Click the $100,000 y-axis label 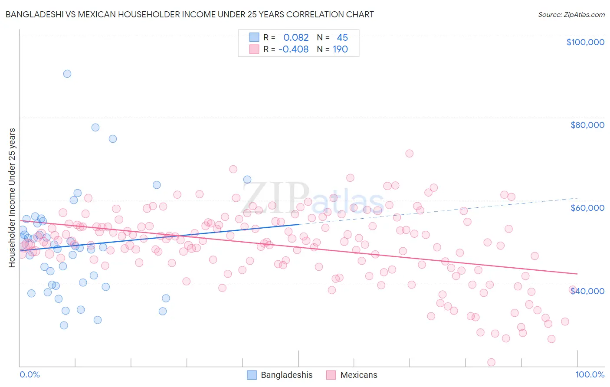pyautogui.click(x=585, y=42)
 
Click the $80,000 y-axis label pyautogui.click(x=587, y=125)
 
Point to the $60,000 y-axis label pyautogui.click(x=587, y=208)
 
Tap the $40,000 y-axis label pyautogui.click(x=587, y=291)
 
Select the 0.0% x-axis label pyautogui.click(x=30, y=375)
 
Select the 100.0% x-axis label pyautogui.click(x=590, y=375)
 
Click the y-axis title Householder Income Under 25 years pyautogui.click(x=12, y=198)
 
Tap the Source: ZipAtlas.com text pyautogui.click(x=571, y=14)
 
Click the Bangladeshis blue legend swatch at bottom pyautogui.click(x=252, y=375)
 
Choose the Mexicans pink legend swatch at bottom pyautogui.click(x=331, y=375)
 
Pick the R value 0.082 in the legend pyautogui.click(x=296, y=37)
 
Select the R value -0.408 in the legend pyautogui.click(x=293, y=49)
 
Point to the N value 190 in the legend pyautogui.click(x=340, y=49)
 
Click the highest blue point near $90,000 pyautogui.click(x=67, y=74)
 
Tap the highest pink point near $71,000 pyautogui.click(x=409, y=153)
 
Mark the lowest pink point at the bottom pyautogui.click(x=492, y=362)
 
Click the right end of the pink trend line pyautogui.click(x=577, y=274)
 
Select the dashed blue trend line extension pyautogui.click(x=438, y=211)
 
